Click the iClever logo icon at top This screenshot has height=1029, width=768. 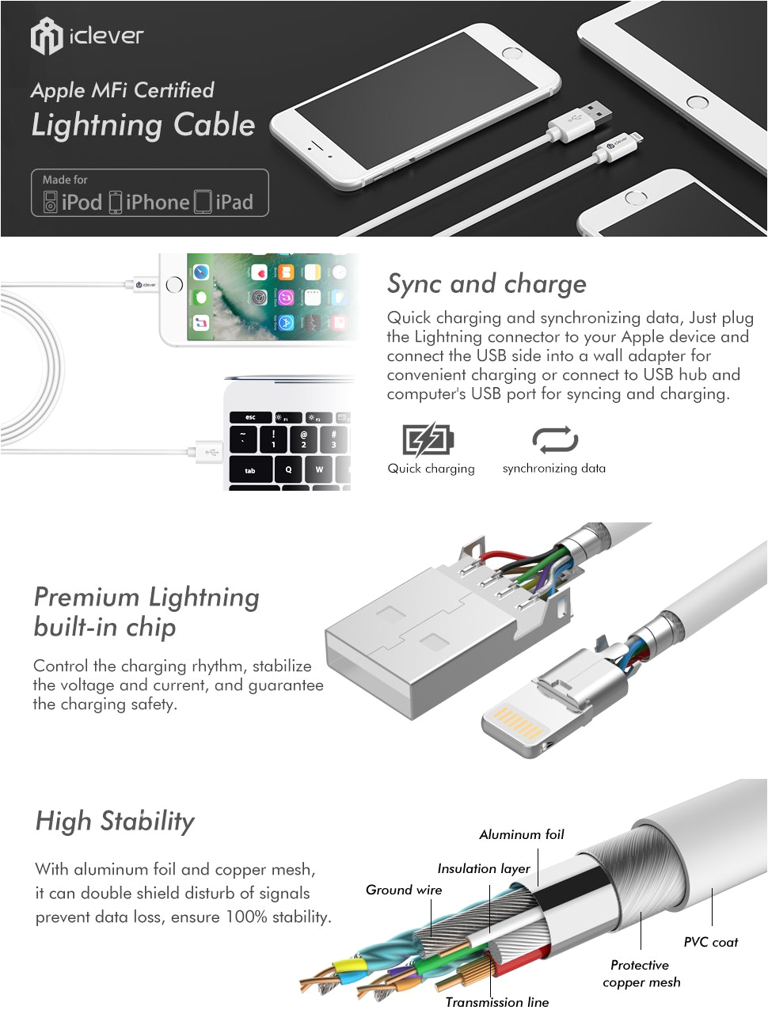coord(46,36)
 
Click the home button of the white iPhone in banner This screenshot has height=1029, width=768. coord(513,54)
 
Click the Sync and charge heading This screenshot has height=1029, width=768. coord(486,283)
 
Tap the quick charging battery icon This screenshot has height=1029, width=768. coord(428,439)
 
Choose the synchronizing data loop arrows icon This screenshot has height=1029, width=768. coord(554,439)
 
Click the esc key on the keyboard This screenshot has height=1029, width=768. coord(250,417)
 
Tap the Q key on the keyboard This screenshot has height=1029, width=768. coord(288,469)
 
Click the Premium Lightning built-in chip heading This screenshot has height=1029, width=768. coord(146,612)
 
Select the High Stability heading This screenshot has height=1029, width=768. coord(115,821)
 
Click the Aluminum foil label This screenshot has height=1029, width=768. coord(522,834)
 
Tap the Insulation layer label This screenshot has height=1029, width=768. coord(484,868)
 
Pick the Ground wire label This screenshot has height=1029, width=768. coord(404,890)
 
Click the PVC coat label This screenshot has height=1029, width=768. coord(710,942)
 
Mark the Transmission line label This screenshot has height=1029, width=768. coord(497,1002)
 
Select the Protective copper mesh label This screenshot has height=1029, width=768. coord(641,974)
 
